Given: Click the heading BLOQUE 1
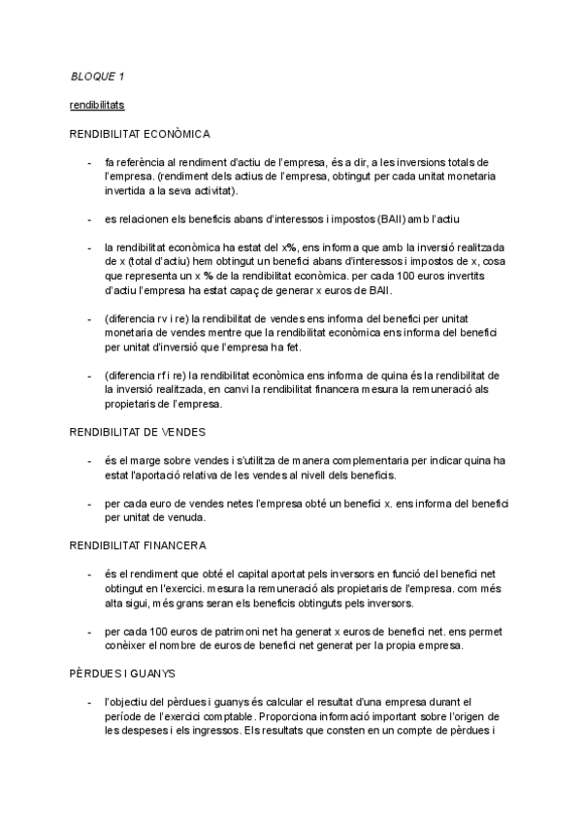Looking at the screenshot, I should pos(98,76).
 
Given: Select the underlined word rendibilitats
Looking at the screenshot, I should pos(97,104).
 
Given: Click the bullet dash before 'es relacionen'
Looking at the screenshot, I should pos(89,219).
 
